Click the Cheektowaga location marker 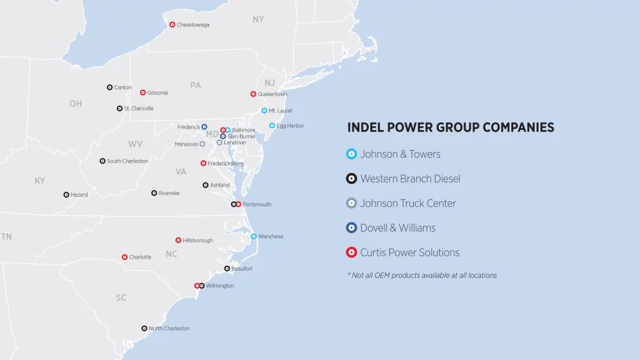[x=172, y=25]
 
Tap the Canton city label [x=123, y=87]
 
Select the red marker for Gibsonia [x=142, y=92]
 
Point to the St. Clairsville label [x=139, y=108]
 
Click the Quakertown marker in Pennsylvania [x=253, y=94]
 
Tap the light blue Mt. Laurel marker [x=264, y=111]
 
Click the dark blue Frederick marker [x=204, y=127]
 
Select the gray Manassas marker [x=202, y=144]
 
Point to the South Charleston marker [x=102, y=161]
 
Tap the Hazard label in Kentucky [x=79, y=195]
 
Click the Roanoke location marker [x=154, y=193]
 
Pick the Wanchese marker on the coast [x=254, y=237]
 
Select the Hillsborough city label [x=198, y=241]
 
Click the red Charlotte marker [x=124, y=257]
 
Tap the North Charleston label [x=169, y=329]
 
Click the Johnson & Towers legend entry [x=400, y=154]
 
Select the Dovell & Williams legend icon [x=352, y=228]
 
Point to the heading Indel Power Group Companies [x=451, y=127]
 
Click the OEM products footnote [x=422, y=275]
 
